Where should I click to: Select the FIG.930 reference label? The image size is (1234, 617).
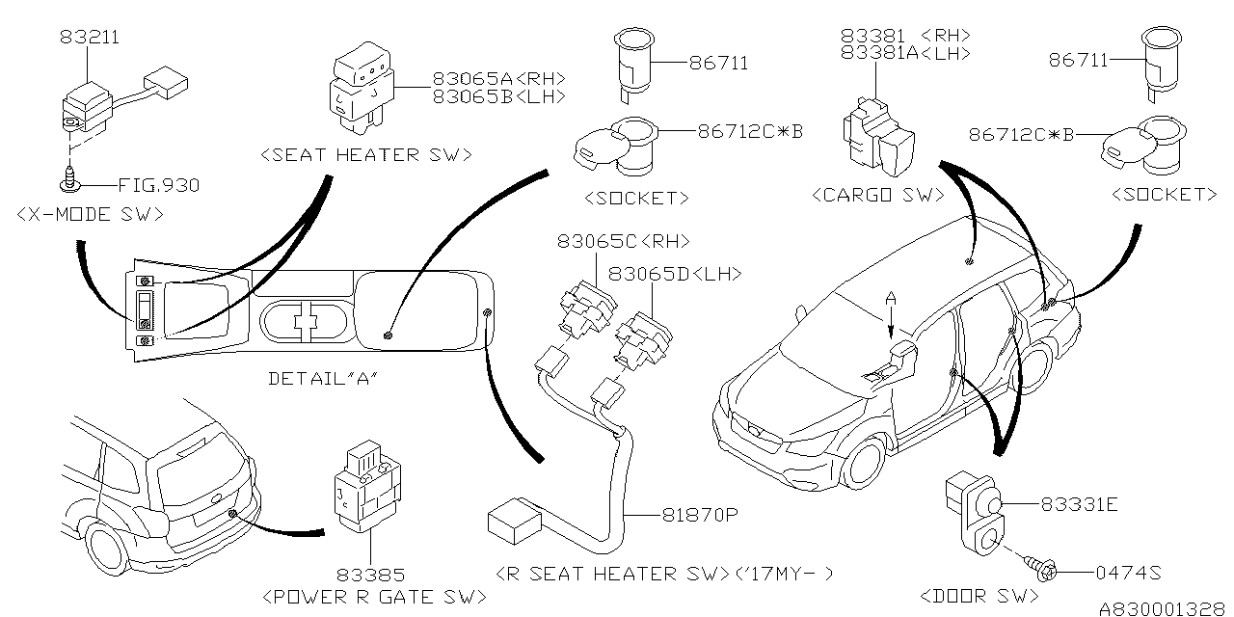(x=158, y=184)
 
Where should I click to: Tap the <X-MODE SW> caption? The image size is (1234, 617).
(x=90, y=215)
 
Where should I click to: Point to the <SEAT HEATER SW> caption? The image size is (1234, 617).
(x=366, y=154)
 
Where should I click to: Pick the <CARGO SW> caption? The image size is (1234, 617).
(x=878, y=196)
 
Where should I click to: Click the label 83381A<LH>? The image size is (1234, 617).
(x=905, y=54)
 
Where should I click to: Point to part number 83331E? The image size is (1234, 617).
(x=1078, y=504)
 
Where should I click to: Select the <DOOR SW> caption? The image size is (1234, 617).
(x=972, y=598)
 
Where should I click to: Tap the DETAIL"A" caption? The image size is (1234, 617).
(x=320, y=379)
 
